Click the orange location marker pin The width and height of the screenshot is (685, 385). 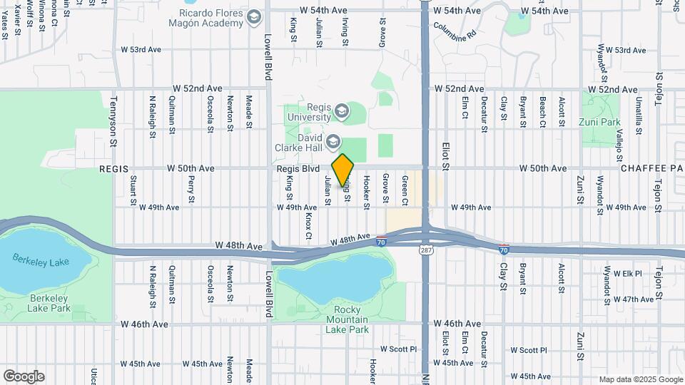343,170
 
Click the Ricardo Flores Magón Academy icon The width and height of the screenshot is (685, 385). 254,18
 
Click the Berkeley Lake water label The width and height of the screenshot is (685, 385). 41,262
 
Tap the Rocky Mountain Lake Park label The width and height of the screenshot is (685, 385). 347,319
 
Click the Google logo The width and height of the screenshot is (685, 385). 24,376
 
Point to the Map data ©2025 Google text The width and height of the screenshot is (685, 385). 640,379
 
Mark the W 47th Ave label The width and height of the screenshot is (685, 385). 627,299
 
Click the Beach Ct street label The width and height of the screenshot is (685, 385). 542,112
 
